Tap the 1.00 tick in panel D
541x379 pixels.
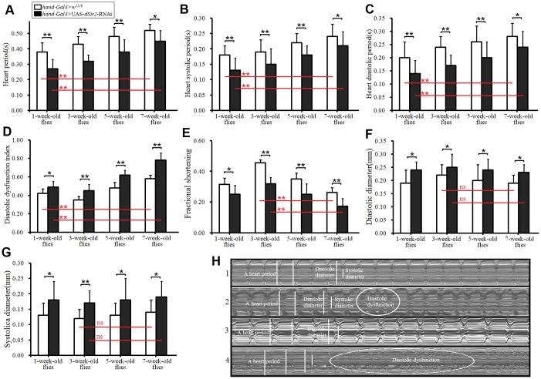[24, 140]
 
